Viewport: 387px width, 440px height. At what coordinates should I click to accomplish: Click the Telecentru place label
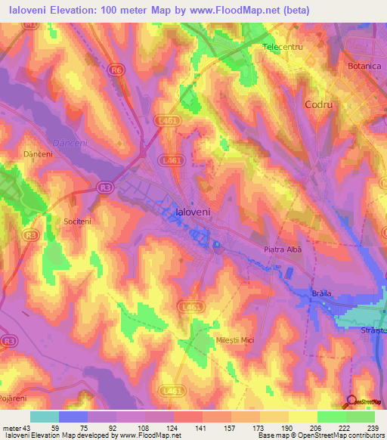click(282, 47)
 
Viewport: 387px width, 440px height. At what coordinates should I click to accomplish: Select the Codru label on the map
click(318, 104)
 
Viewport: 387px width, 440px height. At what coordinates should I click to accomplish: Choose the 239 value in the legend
click(373, 427)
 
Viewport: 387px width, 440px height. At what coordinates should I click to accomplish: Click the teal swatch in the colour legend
click(44, 417)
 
